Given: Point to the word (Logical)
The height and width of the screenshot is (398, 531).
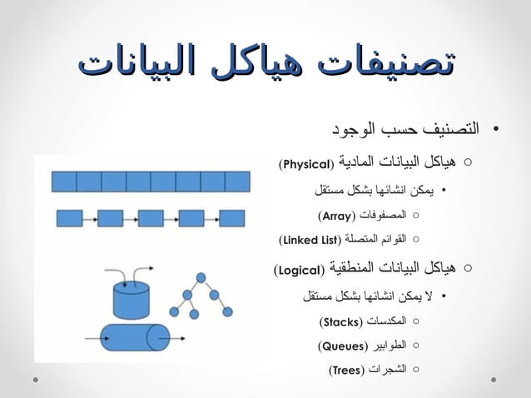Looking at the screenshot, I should [300, 271].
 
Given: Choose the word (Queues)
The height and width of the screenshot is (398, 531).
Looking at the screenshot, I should [338, 345].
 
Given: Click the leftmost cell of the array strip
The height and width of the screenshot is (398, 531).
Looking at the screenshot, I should [65, 181].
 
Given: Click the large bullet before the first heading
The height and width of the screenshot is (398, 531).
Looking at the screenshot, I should [495, 132].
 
